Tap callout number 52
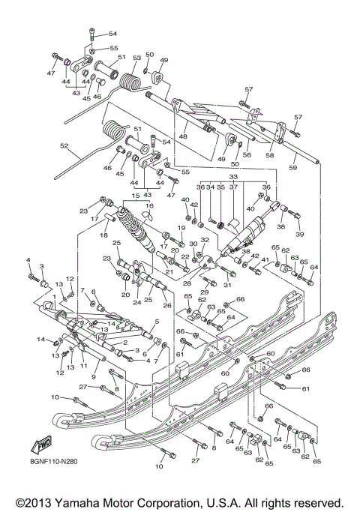[x=64, y=146]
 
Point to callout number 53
[x=137, y=58]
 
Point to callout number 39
[x=300, y=235]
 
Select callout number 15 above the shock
[x=136, y=196]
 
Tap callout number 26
[x=167, y=305]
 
